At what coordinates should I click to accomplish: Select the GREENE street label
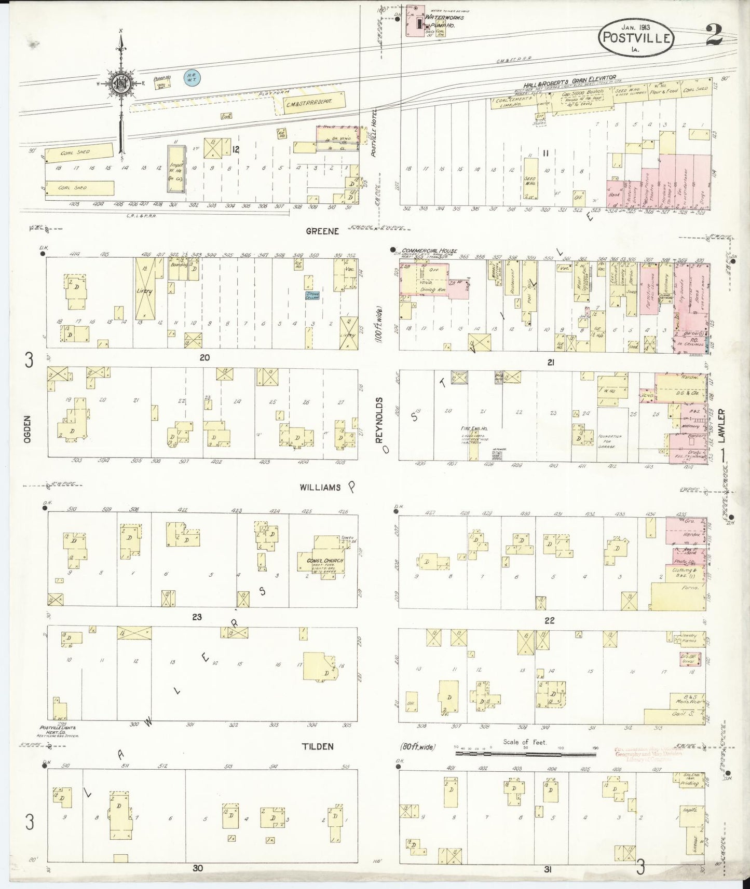(322, 231)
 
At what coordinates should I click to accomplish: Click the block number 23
(197, 617)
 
